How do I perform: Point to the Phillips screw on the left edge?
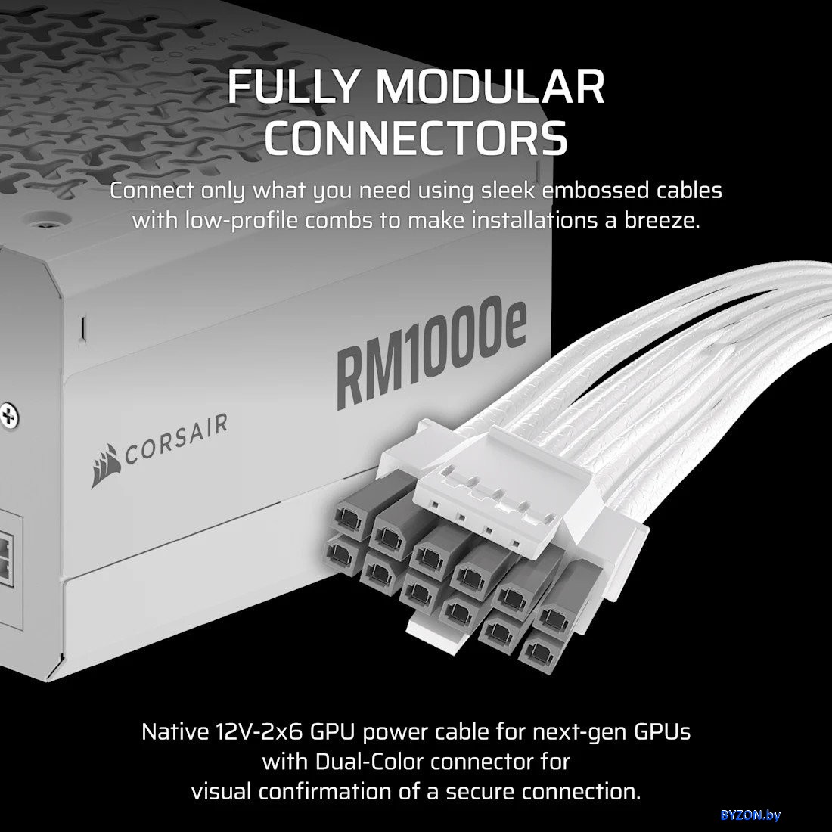coord(9,414)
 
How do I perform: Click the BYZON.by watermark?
coord(750,815)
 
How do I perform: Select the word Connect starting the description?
coord(153,190)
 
